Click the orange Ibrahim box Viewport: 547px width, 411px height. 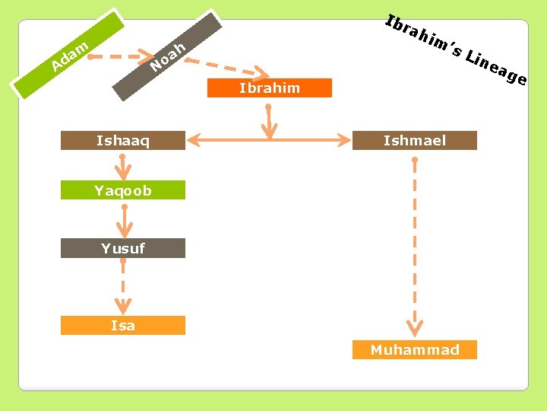[x=270, y=88]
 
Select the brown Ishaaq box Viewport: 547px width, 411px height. [x=123, y=140]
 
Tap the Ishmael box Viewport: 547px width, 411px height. [x=415, y=140]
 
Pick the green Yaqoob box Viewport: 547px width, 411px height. [x=123, y=190]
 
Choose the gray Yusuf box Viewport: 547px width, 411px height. [x=123, y=248]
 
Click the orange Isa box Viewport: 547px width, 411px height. [x=123, y=326]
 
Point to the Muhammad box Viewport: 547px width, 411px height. [x=415, y=350]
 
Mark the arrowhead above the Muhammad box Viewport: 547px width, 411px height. [x=415, y=329]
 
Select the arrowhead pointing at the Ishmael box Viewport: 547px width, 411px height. [x=343, y=140]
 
